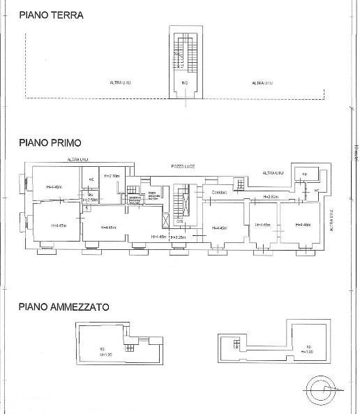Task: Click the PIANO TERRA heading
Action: (x=51, y=15)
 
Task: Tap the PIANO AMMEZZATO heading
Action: (x=63, y=306)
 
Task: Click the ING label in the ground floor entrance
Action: (x=184, y=83)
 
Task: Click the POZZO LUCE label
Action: (x=183, y=167)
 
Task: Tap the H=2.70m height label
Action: (x=112, y=176)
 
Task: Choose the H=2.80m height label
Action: (x=271, y=198)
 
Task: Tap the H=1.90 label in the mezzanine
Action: (x=307, y=351)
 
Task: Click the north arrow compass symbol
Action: (x=322, y=387)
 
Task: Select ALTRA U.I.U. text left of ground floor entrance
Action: (x=120, y=83)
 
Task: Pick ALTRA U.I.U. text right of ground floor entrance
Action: (x=262, y=83)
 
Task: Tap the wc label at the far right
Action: (x=316, y=190)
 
